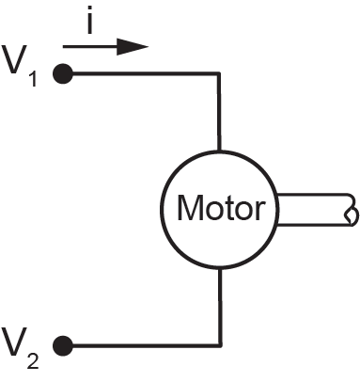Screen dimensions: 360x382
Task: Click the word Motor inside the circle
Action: click(221, 208)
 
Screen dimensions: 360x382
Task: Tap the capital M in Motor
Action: click(189, 207)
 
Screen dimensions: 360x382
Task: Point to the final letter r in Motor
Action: click(260, 211)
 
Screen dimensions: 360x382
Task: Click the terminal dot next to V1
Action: click(63, 73)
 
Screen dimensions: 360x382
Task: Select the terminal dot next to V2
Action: click(63, 345)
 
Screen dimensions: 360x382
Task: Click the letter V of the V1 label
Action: click(13, 59)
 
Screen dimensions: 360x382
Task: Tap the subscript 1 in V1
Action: click(34, 79)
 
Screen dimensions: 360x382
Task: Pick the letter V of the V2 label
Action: click(13, 342)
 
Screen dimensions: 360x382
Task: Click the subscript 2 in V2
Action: click(33, 360)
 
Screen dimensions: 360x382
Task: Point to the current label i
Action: click(90, 20)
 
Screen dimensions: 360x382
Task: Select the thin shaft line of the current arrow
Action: click(90, 47)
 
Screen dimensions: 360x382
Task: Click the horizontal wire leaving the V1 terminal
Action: click(146, 73)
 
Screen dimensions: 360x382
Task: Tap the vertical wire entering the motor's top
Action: click(219, 112)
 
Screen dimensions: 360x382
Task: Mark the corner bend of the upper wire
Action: click(219, 73)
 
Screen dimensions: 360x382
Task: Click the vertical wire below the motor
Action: click(220, 308)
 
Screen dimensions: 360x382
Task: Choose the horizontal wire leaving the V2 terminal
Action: click(147, 345)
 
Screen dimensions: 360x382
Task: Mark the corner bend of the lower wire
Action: click(220, 345)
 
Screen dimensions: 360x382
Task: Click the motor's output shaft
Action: click(315, 210)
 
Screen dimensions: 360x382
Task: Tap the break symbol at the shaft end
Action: click(352, 210)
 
